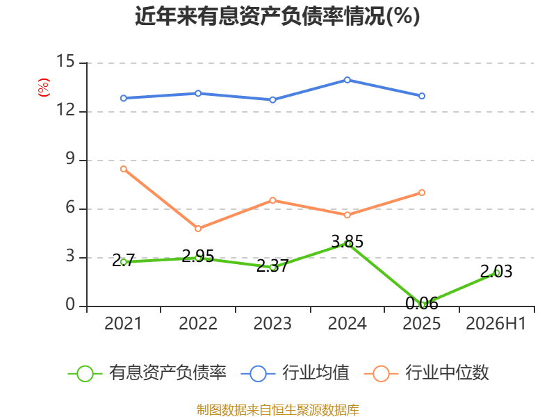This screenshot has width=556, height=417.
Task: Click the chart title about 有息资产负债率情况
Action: click(x=277, y=16)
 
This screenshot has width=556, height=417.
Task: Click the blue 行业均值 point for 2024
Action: click(x=347, y=80)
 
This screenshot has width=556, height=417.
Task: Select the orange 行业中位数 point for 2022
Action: click(x=198, y=229)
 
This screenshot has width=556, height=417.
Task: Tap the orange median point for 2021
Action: click(x=124, y=169)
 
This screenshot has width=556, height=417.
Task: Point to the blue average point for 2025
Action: click(x=422, y=96)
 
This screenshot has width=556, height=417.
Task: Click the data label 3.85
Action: click(x=347, y=241)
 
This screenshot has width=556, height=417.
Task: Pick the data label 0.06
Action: click(x=422, y=303)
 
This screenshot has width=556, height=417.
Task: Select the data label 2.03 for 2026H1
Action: click(x=496, y=271)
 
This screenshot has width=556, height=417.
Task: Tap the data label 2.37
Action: click(x=272, y=265)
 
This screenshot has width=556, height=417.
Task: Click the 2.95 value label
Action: click(x=198, y=256)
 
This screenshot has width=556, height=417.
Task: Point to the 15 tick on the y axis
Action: click(x=65, y=61)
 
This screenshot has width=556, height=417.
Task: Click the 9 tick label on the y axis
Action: click(x=70, y=158)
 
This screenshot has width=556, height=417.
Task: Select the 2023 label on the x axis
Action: click(x=272, y=323)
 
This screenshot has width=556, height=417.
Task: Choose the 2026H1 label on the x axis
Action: click(x=496, y=323)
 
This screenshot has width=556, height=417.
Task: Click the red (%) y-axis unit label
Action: click(x=44, y=88)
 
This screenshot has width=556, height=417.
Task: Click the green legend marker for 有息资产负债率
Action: click(x=85, y=374)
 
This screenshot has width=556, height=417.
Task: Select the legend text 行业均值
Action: click(x=316, y=373)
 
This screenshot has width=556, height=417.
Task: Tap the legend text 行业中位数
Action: click(x=448, y=373)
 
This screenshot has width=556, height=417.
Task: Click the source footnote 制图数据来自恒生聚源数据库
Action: click(x=278, y=410)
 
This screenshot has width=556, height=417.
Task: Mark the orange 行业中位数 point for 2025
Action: click(x=422, y=193)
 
